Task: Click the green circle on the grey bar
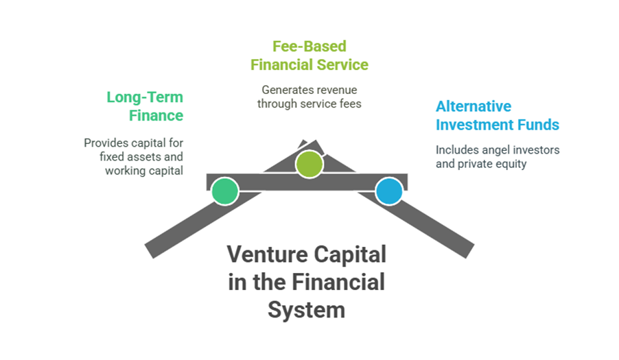pyautogui.click(x=224, y=191)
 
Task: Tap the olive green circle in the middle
pyautogui.click(x=309, y=164)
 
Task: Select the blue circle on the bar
pyautogui.click(x=389, y=191)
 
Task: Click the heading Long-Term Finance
pyautogui.click(x=145, y=106)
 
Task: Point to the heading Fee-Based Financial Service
pyautogui.click(x=309, y=56)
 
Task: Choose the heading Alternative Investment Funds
pyautogui.click(x=498, y=116)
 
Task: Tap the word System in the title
pyautogui.click(x=306, y=309)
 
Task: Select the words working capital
pyautogui.click(x=144, y=171)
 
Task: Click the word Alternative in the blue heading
pyautogui.click(x=474, y=106)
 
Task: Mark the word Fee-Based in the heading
pyautogui.click(x=309, y=46)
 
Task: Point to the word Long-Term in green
pyautogui.click(x=145, y=97)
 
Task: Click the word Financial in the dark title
pyautogui.click(x=338, y=282)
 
